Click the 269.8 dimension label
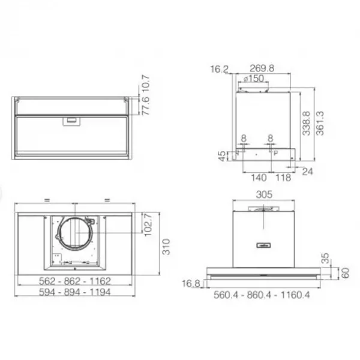pos(262,68)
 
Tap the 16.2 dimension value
pos(220,69)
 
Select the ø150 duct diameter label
pos(253,79)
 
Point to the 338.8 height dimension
pos(306,124)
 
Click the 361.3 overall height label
pos(320,123)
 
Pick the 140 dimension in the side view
pos(259,178)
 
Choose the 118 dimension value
pos(283,178)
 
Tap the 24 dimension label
pos(307,172)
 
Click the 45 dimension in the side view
pos(222,156)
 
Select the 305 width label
pos(264,194)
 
